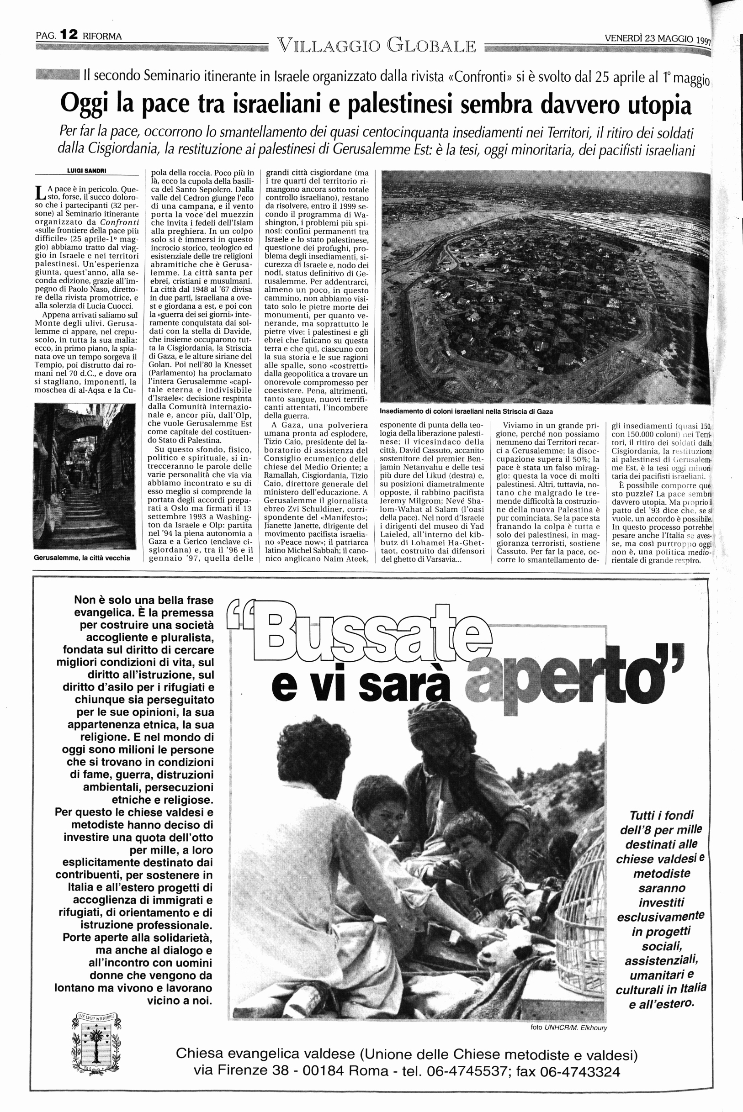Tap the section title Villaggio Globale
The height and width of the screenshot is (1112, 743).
point(377,46)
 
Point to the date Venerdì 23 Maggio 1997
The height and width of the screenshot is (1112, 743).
point(658,39)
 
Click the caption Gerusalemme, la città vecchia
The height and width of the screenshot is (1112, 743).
point(82,558)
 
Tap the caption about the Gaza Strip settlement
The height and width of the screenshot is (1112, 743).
point(466,411)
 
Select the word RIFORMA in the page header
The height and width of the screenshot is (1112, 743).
point(102,36)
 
